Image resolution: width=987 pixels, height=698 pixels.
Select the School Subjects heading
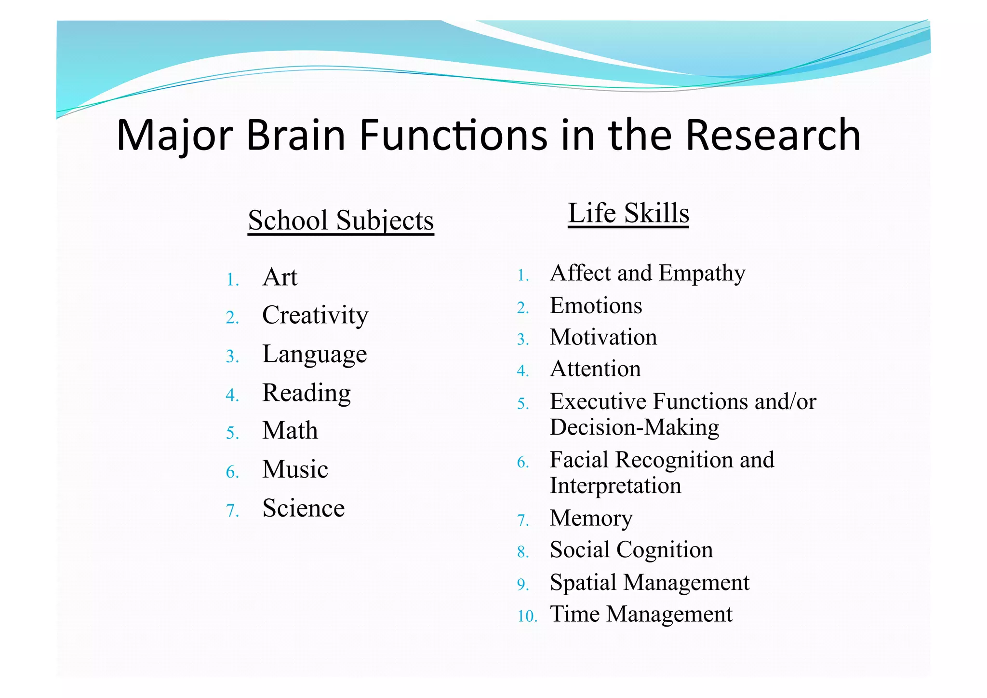click(x=341, y=220)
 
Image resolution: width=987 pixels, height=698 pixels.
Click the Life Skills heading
click(x=628, y=213)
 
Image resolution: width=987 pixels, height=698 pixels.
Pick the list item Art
click(x=280, y=277)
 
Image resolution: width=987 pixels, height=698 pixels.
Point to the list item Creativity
click(x=315, y=315)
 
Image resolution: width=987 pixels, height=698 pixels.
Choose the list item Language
click(x=314, y=355)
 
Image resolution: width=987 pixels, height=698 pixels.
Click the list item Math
click(x=290, y=430)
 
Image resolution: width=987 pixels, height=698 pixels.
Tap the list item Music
click(x=295, y=469)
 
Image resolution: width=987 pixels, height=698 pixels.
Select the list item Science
click(x=304, y=508)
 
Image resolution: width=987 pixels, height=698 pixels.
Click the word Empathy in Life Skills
click(x=702, y=274)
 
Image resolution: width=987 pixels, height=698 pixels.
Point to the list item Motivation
click(x=603, y=337)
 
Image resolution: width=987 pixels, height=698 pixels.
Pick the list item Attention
click(x=595, y=369)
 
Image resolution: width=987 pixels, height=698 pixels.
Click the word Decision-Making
click(x=634, y=427)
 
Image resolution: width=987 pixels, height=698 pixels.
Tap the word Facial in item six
click(x=579, y=460)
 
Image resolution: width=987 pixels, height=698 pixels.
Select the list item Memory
click(x=591, y=519)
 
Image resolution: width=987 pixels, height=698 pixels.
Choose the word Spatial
click(x=584, y=582)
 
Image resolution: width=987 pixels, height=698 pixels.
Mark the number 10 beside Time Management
click(x=527, y=616)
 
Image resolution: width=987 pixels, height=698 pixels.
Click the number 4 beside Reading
click(x=232, y=395)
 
